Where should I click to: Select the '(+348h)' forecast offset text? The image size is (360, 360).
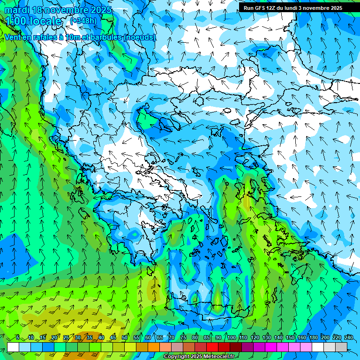pyautogui.click(x=83, y=21)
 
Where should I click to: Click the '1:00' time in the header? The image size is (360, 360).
pyautogui.click(x=15, y=21)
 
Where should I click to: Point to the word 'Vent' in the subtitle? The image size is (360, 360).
pyautogui.click(x=14, y=37)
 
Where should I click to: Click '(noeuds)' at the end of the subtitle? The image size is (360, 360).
pyautogui.click(x=139, y=37)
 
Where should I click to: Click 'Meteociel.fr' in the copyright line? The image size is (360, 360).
pyautogui.click(x=219, y=357)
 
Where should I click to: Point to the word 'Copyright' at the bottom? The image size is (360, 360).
pyautogui.click(x=177, y=357)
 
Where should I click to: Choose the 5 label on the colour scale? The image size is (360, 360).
pyautogui.click(x=18, y=338)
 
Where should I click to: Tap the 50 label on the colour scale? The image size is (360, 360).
pyautogui.click(x=125, y=338)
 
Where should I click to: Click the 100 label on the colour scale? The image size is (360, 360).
pyautogui.click(x=231, y=338)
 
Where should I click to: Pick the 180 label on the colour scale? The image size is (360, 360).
pyautogui.click(x=314, y=338)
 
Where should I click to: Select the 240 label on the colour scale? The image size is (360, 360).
pyautogui.click(x=349, y=338)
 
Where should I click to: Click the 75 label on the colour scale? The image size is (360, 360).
pyautogui.click(x=183, y=338)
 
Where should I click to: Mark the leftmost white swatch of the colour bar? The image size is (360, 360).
pyautogui.click(x=13, y=347)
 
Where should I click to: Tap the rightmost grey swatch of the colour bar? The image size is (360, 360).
pyautogui.click(x=341, y=347)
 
